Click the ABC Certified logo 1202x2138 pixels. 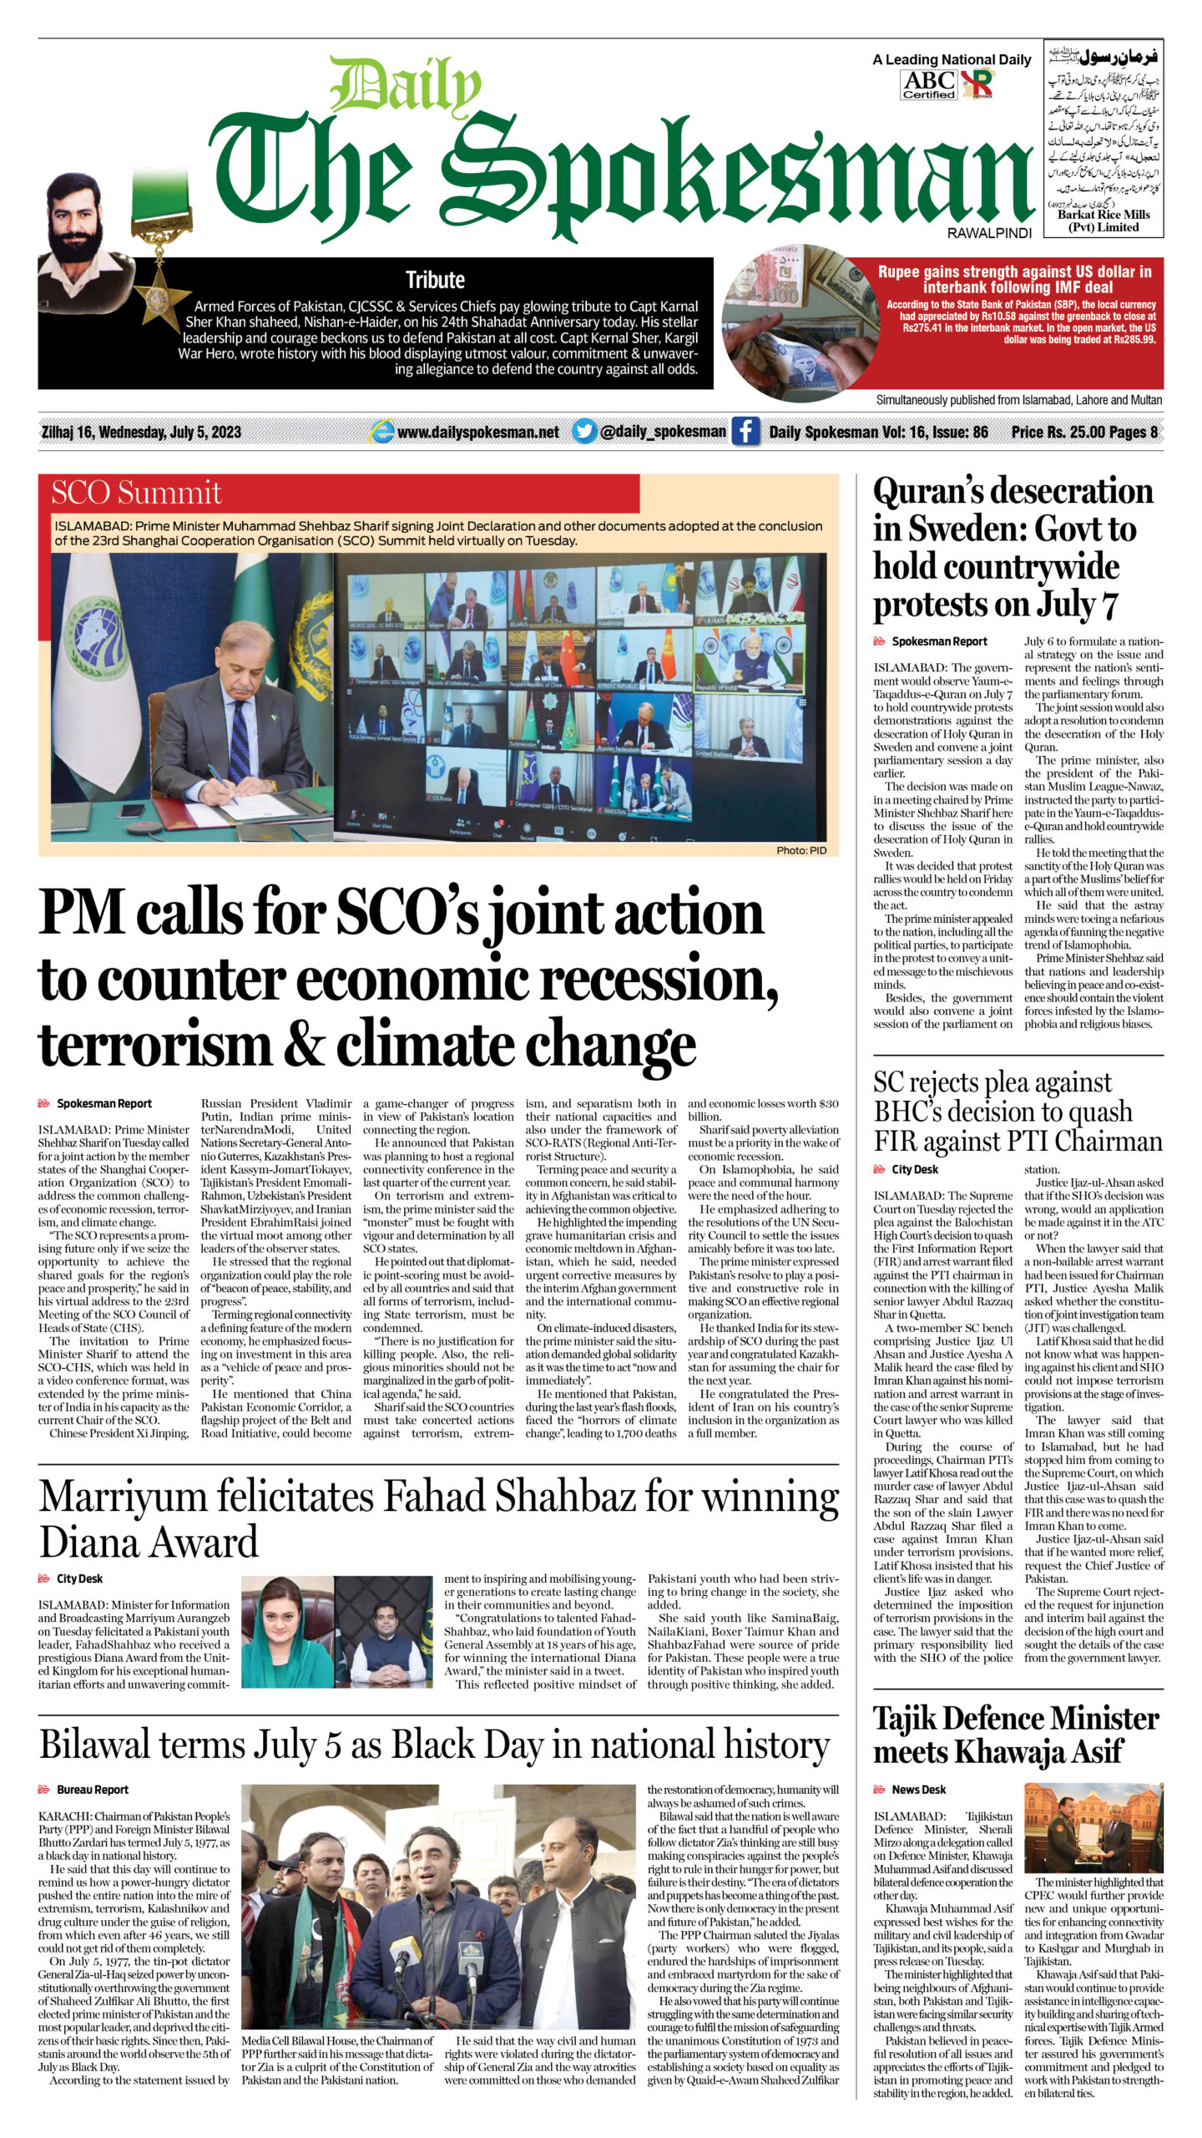[x=929, y=84]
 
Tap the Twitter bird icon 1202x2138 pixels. [x=584, y=431]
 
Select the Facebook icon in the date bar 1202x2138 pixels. [x=745, y=432]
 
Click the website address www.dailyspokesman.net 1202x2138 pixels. [x=477, y=432]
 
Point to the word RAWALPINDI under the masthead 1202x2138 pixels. [x=989, y=234]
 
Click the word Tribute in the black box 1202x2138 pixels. [x=435, y=280]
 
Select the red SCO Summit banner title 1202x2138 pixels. [x=137, y=493]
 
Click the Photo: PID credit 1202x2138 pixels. [x=800, y=850]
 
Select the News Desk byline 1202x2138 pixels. [x=918, y=1790]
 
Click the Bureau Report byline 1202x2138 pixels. [x=92, y=1790]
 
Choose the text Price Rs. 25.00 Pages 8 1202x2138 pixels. [x=1083, y=432]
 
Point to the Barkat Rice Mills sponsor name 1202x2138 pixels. [x=1103, y=215]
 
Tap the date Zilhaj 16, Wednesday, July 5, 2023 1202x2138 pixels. [x=141, y=432]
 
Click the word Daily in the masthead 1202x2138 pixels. [x=406, y=88]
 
